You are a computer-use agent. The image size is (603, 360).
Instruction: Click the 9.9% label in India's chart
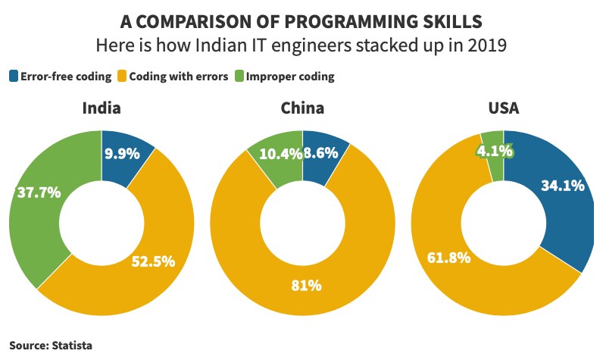coord(122,154)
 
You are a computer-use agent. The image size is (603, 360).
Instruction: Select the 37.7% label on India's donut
coord(39,193)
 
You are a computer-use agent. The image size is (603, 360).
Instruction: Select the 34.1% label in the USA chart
coord(561,185)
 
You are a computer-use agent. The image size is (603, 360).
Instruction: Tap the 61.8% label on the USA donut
coord(449,257)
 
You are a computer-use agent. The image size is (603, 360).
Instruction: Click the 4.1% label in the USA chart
coord(495,152)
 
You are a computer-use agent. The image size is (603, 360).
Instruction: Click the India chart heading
coord(102,108)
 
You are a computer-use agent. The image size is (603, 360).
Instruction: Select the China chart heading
coord(302,108)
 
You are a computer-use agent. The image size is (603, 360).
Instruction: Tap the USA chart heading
coord(503,108)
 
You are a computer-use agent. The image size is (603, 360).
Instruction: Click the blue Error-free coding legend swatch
coord(14,76)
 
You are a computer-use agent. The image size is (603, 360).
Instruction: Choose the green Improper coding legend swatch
coord(240,76)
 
